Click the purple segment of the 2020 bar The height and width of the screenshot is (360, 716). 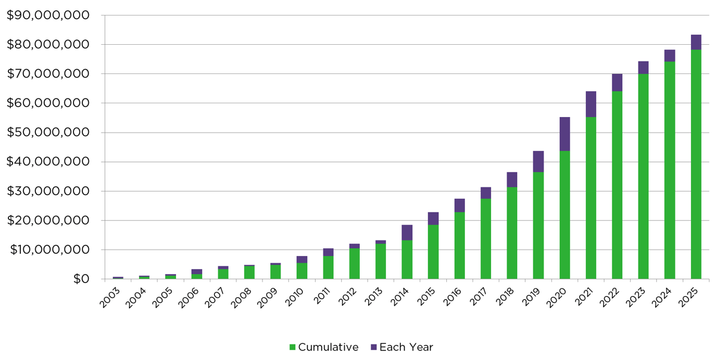[x=564, y=134]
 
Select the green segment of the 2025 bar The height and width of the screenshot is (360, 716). [x=696, y=164]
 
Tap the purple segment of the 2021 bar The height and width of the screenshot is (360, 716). [x=591, y=104]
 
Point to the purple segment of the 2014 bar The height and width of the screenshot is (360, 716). [x=407, y=232]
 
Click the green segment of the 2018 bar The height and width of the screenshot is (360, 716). [x=512, y=233]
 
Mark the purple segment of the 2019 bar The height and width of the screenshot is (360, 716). [x=538, y=161]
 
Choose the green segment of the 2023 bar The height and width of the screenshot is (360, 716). [x=643, y=176]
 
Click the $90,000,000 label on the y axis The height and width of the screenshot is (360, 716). [x=48, y=15]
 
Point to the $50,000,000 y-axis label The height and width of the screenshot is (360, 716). [x=48, y=133]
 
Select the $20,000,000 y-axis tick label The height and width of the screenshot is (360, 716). [x=48, y=220]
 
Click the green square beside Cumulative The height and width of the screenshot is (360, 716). [x=292, y=347]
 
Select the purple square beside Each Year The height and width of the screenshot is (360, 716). [x=374, y=347]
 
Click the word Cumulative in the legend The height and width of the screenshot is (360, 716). [x=328, y=347]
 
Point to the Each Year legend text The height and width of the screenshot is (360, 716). [x=406, y=347]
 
